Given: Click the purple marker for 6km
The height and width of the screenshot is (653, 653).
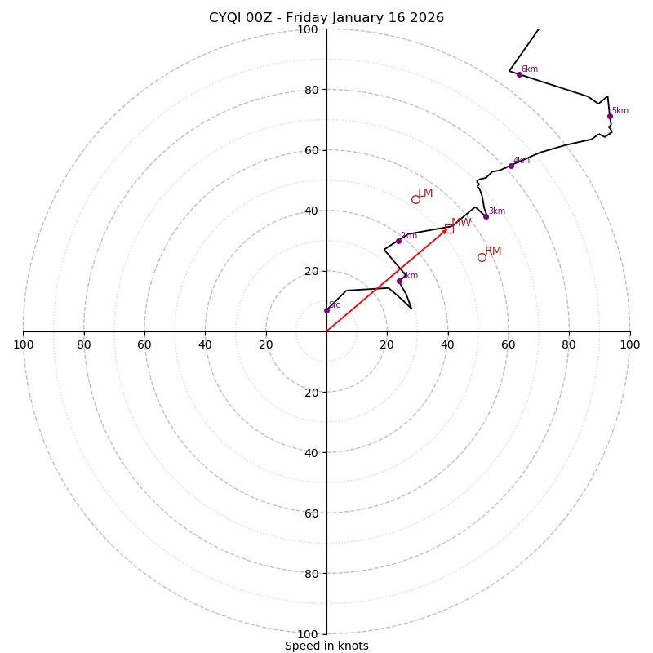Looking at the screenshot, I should pos(519,74).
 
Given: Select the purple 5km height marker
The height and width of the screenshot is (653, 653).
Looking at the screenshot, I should pos(610,116).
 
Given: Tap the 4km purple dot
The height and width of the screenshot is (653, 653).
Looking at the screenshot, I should pos(511,166).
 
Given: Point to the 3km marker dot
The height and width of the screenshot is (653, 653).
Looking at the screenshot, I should pos(486,216).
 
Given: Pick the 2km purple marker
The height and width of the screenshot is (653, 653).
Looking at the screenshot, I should pos(398,241).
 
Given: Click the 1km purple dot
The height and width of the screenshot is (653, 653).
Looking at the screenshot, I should pos(399,281).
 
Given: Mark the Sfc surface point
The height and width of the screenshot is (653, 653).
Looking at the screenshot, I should pos(326,310).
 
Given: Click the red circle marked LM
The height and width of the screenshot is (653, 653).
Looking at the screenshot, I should pos(415,199).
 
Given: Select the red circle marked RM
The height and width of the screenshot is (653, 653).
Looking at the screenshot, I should pos(482,257).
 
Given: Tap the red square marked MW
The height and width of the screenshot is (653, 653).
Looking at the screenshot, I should pos(449,229).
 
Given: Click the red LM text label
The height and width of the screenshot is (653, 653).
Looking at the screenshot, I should pos(425,193).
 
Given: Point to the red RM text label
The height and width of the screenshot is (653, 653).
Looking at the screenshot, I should pos(493,251).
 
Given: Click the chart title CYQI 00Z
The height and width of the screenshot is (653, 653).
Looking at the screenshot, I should pos(326,18).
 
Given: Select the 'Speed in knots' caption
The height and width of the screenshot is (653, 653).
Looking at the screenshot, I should pos(326,646).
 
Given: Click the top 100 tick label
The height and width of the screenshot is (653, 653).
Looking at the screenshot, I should pos(308,29).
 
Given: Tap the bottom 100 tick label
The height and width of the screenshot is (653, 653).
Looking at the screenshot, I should pos(308,633).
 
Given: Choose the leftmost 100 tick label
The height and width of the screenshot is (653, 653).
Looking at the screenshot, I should pos(23,344).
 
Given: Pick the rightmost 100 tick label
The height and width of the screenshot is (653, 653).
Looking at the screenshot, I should pos(629,344).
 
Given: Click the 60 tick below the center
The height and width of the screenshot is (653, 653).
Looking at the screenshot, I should pos(310,513).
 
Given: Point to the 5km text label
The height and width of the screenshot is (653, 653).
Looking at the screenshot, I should pos(620,111).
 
